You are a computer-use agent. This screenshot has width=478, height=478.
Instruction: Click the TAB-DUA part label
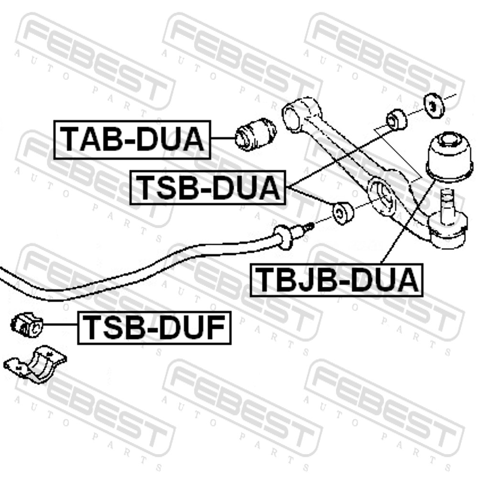(132, 140)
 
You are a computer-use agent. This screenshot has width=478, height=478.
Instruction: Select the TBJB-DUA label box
(336, 280)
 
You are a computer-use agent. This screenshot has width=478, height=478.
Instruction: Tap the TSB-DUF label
(154, 328)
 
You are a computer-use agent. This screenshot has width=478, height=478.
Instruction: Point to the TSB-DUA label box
(208, 187)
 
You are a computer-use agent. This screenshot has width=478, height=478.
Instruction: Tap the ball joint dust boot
(450, 158)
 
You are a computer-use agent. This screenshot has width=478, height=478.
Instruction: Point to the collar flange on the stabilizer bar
(282, 238)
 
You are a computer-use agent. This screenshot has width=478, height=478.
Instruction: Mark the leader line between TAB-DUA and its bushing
(223, 138)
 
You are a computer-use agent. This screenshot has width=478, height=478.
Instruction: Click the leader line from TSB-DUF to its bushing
(61, 325)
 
